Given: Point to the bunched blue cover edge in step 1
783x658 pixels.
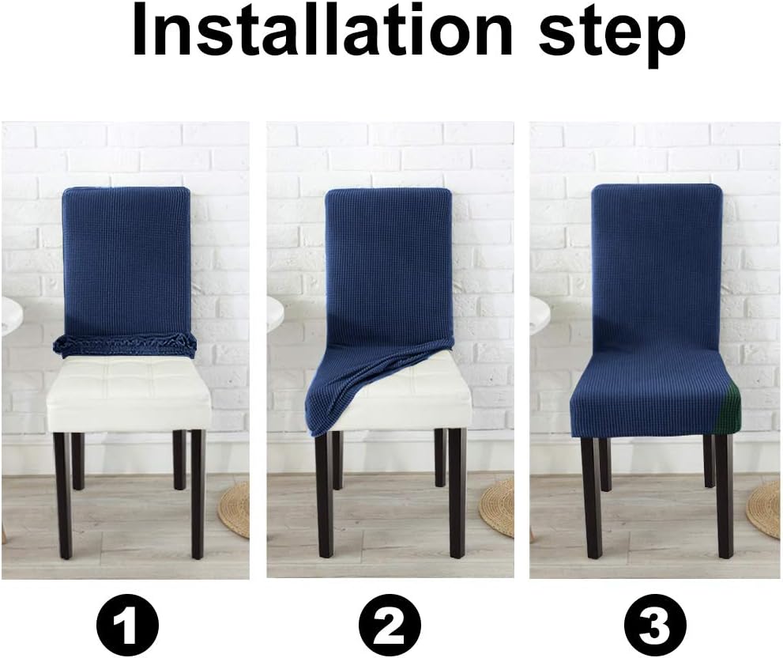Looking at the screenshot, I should pyautogui.click(x=125, y=344).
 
